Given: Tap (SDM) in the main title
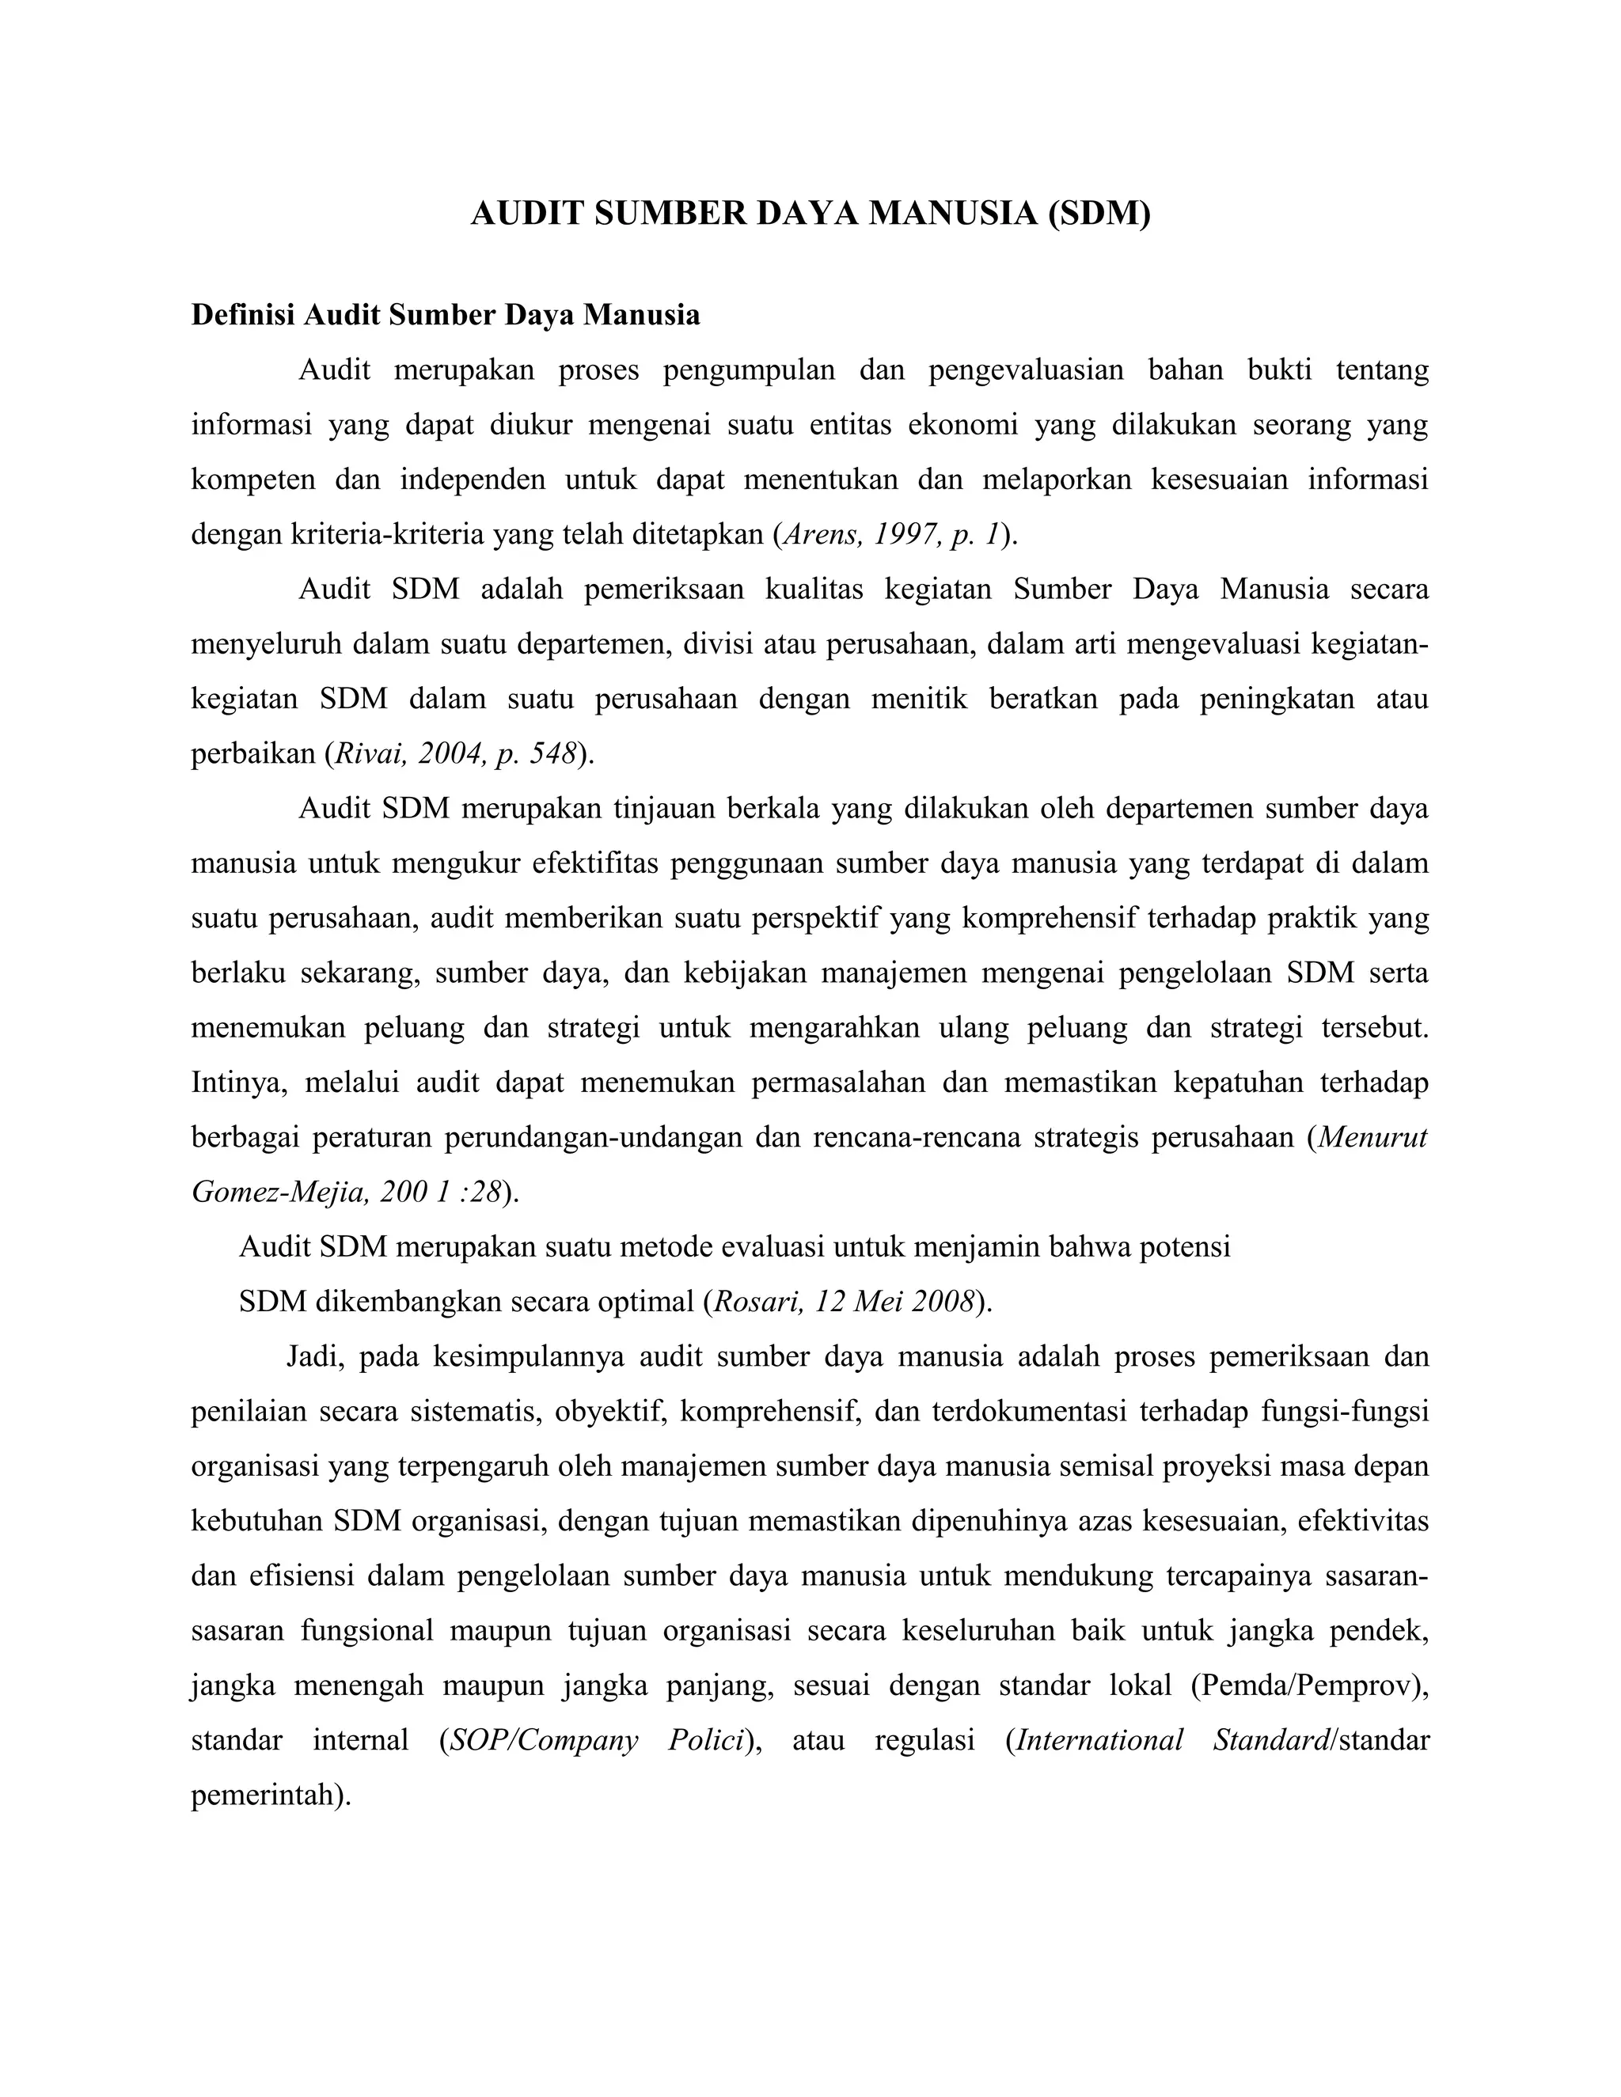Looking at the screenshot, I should point(1098,213).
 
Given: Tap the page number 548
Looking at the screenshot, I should point(553,753).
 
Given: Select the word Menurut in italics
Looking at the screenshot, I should point(1373,1138).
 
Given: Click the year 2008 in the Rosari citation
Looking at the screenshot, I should point(942,1302).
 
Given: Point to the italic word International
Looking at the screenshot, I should point(1099,1741).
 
